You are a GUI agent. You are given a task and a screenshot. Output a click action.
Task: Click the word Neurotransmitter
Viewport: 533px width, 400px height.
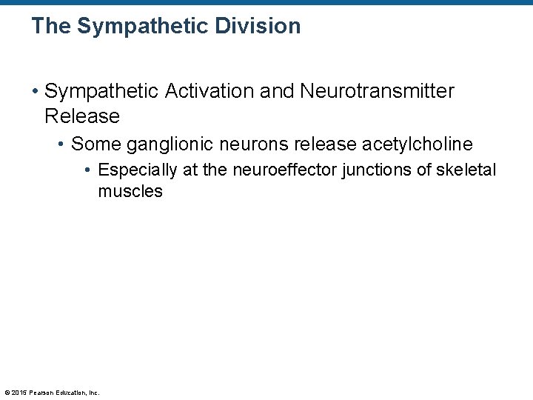pos(378,91)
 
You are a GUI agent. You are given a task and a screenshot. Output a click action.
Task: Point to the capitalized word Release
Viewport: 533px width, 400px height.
pos(81,116)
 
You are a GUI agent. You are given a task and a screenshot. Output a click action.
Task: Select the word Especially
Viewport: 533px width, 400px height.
pos(138,170)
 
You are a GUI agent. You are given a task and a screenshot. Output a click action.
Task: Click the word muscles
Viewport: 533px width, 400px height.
pos(130,191)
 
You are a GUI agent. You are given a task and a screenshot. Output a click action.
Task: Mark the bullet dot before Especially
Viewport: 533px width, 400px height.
pos(88,171)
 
